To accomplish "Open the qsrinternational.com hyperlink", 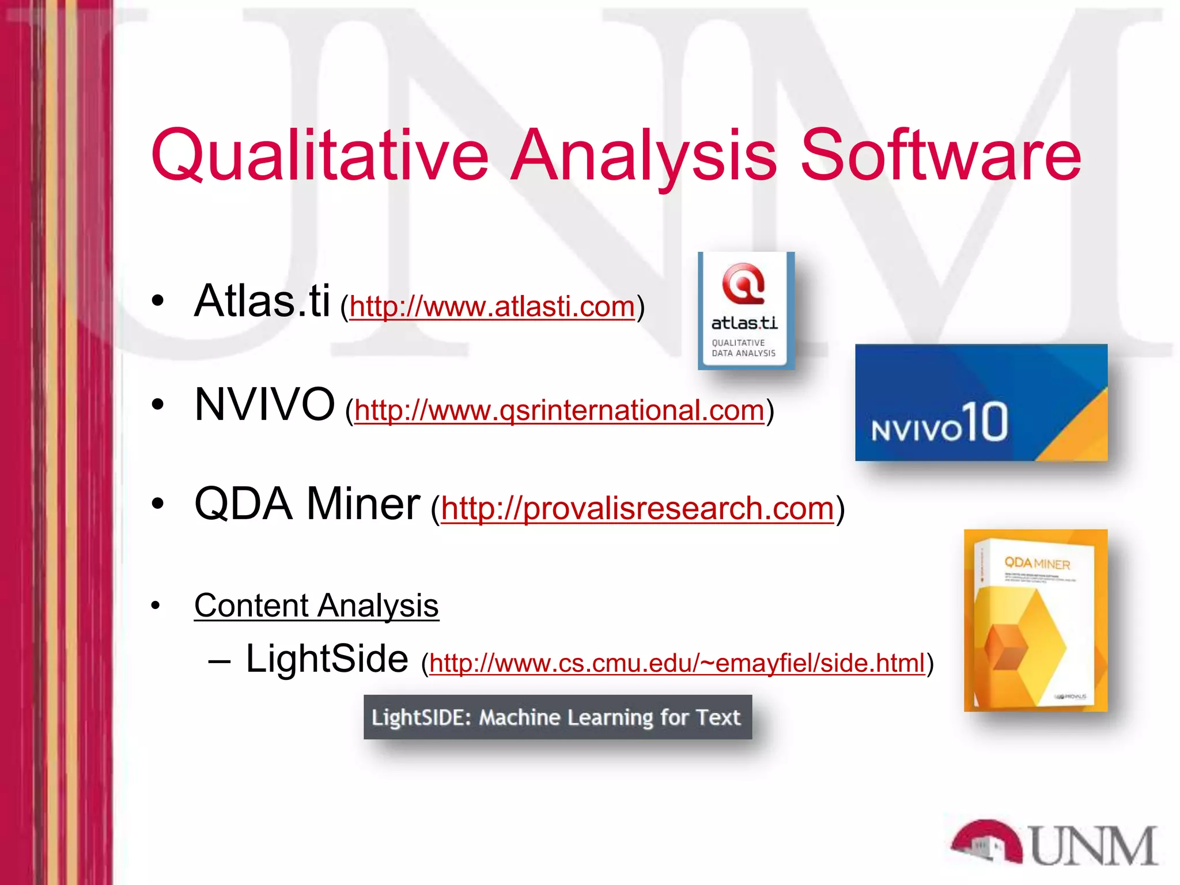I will [559, 410].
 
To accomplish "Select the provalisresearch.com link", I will [637, 508].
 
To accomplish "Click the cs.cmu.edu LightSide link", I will [677, 663].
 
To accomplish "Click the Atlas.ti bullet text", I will [262, 301].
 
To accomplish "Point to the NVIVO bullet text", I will [264, 404].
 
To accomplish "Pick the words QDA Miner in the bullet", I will [307, 504].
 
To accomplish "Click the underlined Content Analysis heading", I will [316, 606].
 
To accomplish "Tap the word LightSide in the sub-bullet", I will [327, 659].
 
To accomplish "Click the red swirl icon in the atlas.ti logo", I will [743, 283].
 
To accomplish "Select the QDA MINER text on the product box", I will [1037, 563].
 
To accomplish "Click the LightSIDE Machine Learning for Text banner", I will [557, 717].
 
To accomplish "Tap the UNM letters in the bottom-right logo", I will [1093, 846].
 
